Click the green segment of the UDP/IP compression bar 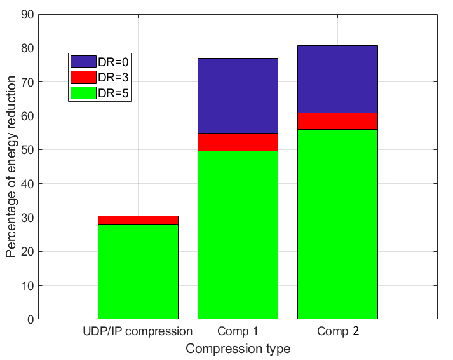tap(138, 271)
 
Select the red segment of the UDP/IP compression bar tap(138, 220)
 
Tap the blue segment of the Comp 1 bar tap(238, 95)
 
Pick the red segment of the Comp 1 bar tap(238, 142)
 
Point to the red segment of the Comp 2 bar tap(337, 121)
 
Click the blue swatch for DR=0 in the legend tap(83, 62)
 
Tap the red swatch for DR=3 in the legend tap(83, 77)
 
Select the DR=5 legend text tap(114, 92)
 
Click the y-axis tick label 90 tap(26, 15)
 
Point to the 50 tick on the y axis tap(26, 150)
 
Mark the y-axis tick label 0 tap(29, 319)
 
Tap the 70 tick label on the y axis tap(26, 82)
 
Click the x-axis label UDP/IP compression tap(138, 331)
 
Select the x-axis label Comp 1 tap(238, 331)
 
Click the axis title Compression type tap(238, 349)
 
